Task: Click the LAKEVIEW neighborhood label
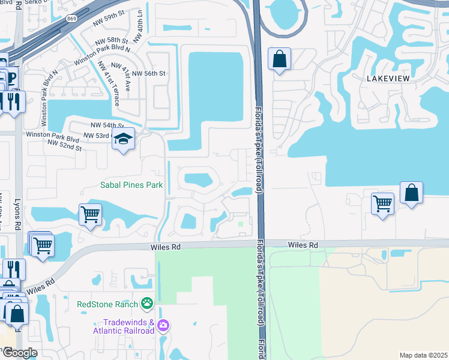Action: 390,79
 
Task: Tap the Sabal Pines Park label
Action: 130,185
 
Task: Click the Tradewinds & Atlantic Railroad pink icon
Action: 164,326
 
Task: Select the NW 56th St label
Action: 148,73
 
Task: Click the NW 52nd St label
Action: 64,145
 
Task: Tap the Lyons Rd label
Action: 17,213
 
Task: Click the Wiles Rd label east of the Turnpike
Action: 303,245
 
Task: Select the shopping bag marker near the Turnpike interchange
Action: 280,59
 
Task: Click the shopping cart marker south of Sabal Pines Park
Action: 90,214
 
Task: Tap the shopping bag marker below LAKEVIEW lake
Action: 411,193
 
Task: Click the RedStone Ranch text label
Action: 107,304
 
